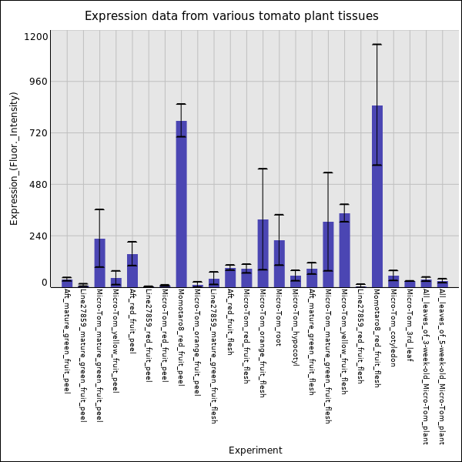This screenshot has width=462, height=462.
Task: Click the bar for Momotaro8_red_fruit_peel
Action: pos(181,203)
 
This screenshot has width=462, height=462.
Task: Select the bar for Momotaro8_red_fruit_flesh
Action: pos(377,196)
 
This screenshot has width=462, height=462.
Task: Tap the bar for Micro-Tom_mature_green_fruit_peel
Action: pos(99,262)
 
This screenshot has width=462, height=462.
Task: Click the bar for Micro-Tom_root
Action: pos(279,263)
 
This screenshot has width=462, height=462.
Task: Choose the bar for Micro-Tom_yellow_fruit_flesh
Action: pos(344,249)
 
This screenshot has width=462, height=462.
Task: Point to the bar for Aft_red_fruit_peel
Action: pos(132,269)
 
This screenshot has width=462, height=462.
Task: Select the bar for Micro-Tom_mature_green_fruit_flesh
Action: pos(328,254)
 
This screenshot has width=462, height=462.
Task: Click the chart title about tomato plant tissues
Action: pos(231,16)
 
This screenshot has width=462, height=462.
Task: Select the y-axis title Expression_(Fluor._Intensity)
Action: pos(14,158)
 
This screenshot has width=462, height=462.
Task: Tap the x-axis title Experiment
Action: pos(255,450)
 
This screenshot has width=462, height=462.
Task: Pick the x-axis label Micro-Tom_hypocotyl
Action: pos(296,327)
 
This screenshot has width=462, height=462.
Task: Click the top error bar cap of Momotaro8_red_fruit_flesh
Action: pos(377,45)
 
